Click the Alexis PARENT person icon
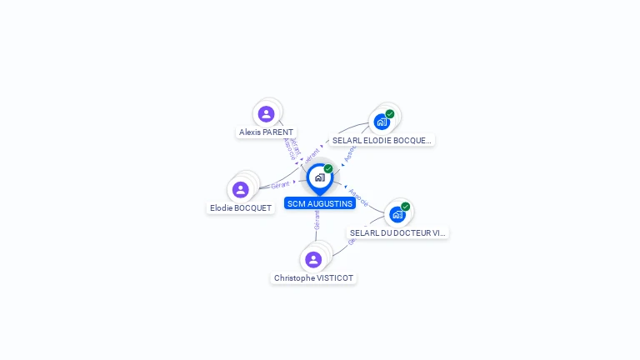(x=267, y=114)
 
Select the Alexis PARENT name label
(x=266, y=132)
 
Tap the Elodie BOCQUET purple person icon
(x=241, y=190)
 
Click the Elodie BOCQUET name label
(x=241, y=208)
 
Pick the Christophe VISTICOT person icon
(x=313, y=259)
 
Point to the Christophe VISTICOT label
(x=313, y=278)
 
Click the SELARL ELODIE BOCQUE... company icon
(x=382, y=122)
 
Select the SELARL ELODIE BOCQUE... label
(x=382, y=141)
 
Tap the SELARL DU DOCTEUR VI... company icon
(x=397, y=214)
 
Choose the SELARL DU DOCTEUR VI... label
(x=397, y=233)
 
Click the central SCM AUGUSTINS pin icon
(x=319, y=177)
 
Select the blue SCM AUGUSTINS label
(x=320, y=203)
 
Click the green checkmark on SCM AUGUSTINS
(x=328, y=168)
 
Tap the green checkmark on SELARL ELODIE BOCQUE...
(x=390, y=113)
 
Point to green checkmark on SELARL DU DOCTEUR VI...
(x=406, y=206)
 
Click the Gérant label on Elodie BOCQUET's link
(x=280, y=185)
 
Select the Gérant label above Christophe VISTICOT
(x=317, y=220)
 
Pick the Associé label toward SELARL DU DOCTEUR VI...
(x=358, y=197)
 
